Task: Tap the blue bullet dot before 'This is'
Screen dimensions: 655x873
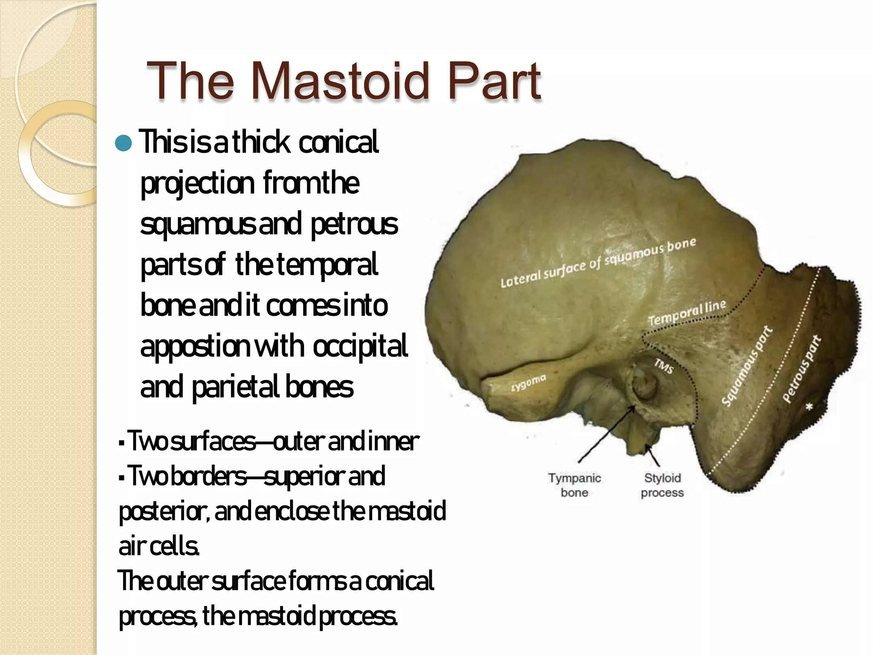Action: pos(124,143)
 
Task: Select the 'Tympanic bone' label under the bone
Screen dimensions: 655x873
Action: pos(574,485)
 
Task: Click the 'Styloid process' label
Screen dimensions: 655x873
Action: pos(662,485)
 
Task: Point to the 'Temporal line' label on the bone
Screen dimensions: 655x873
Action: pos(687,313)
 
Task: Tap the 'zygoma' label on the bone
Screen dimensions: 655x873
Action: pos(529,383)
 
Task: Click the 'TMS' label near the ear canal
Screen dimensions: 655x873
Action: pos(664,365)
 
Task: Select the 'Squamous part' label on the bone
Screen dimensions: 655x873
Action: pos(746,366)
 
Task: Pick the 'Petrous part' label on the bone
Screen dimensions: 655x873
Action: pos(801,369)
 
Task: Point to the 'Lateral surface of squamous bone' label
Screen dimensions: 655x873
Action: pos(598,263)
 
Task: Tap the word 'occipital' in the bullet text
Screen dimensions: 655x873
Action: pos(360,346)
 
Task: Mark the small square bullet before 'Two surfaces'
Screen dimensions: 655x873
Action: pos(122,443)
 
